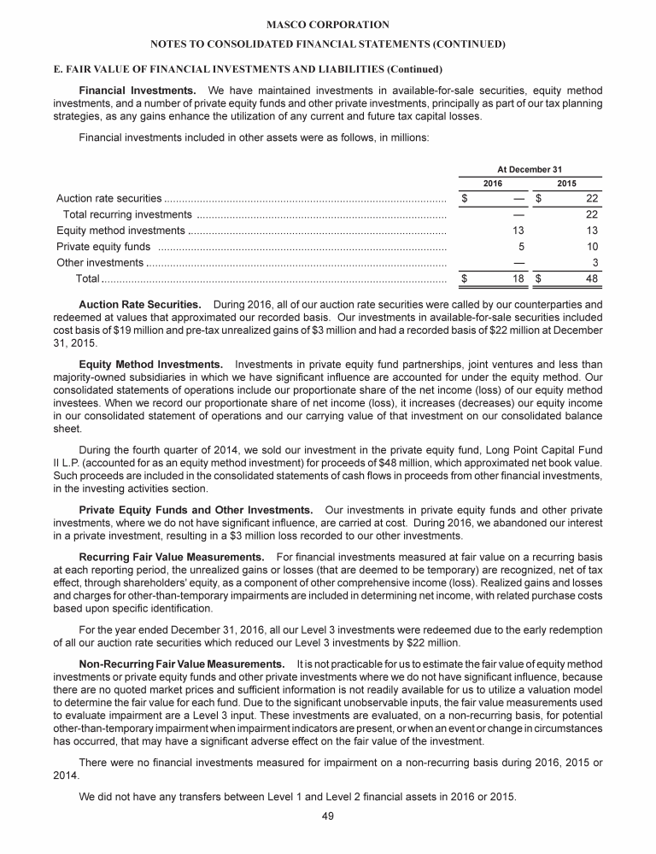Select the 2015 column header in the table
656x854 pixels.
coord(566,184)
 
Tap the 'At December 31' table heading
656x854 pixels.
coord(530,169)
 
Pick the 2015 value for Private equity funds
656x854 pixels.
coord(592,246)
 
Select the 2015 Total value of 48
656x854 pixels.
coord(590,278)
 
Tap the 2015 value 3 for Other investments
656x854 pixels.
coord(595,262)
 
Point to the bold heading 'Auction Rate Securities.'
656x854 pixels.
coord(140,303)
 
